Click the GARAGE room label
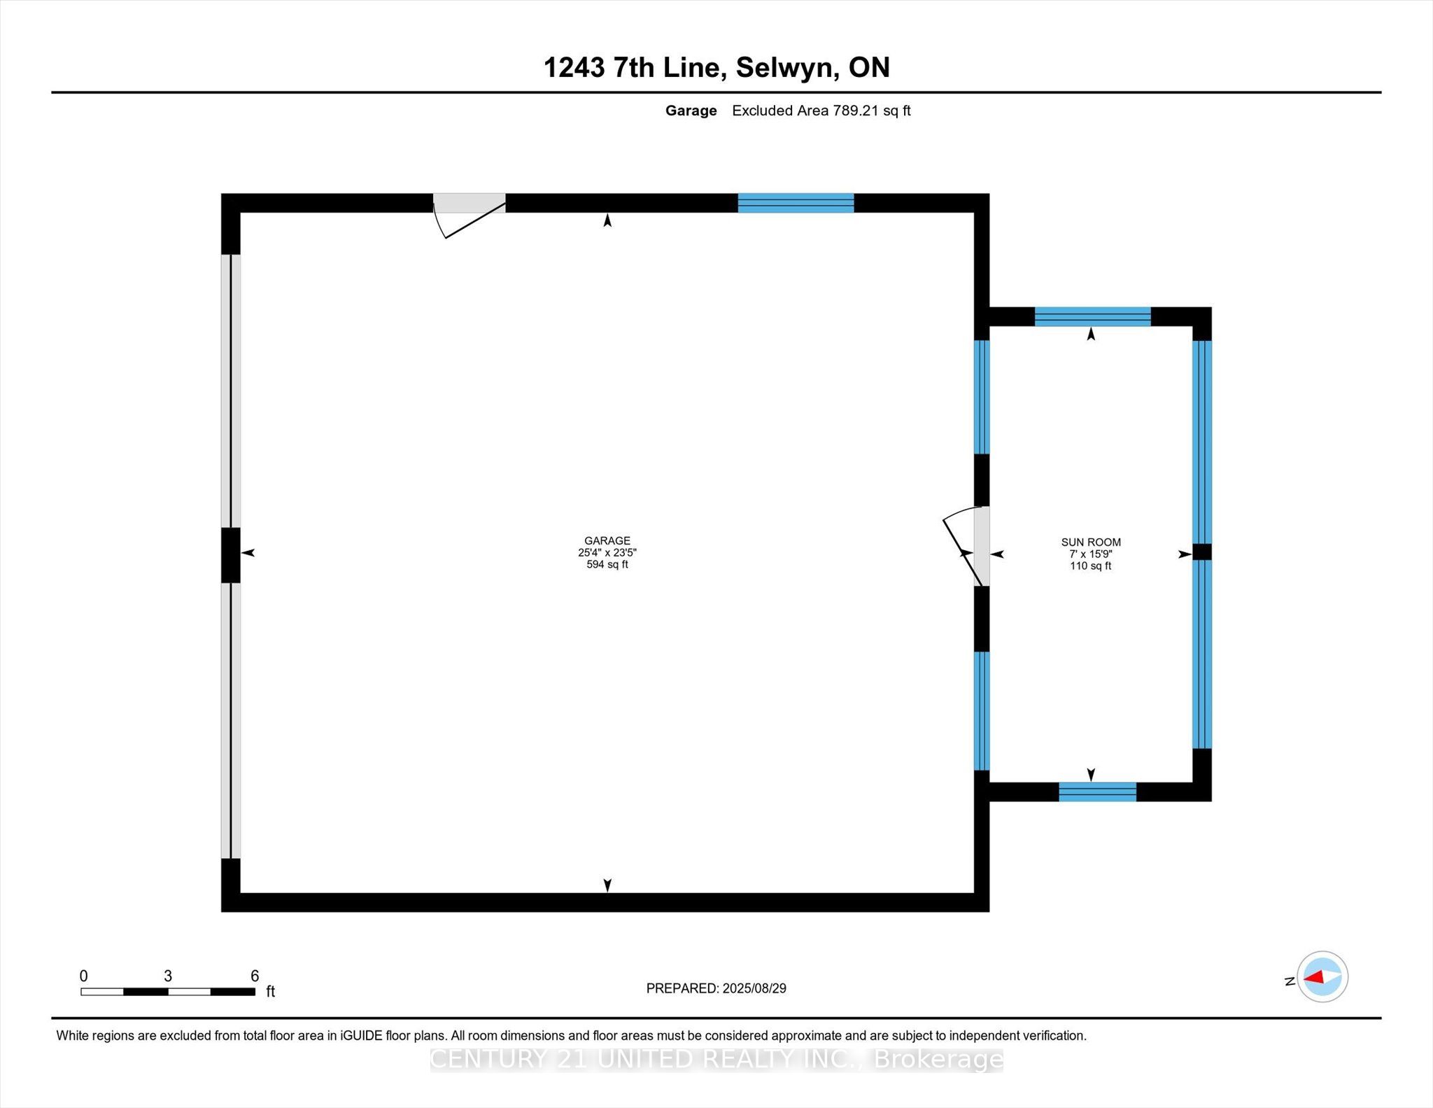pyautogui.click(x=607, y=540)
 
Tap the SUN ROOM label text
pyautogui.click(x=1090, y=542)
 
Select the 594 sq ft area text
pyautogui.click(x=607, y=564)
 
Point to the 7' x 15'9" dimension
pyautogui.click(x=1090, y=554)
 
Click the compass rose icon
pyautogui.click(x=1322, y=976)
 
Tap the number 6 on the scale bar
pyautogui.click(x=255, y=975)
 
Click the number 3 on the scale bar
pyautogui.click(x=168, y=975)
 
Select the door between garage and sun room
pyautogui.click(x=980, y=547)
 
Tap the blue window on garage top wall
pyautogui.click(x=796, y=203)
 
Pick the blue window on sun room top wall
pyautogui.click(x=1092, y=316)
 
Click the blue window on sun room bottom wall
pyautogui.click(x=1097, y=792)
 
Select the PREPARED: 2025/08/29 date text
pyautogui.click(x=716, y=988)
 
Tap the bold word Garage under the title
pyautogui.click(x=691, y=111)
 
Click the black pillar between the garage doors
pyautogui.click(x=230, y=555)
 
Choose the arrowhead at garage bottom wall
pyautogui.click(x=607, y=885)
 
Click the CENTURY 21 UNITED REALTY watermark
pyautogui.click(x=716, y=1059)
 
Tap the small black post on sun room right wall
pyautogui.click(x=1201, y=552)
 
